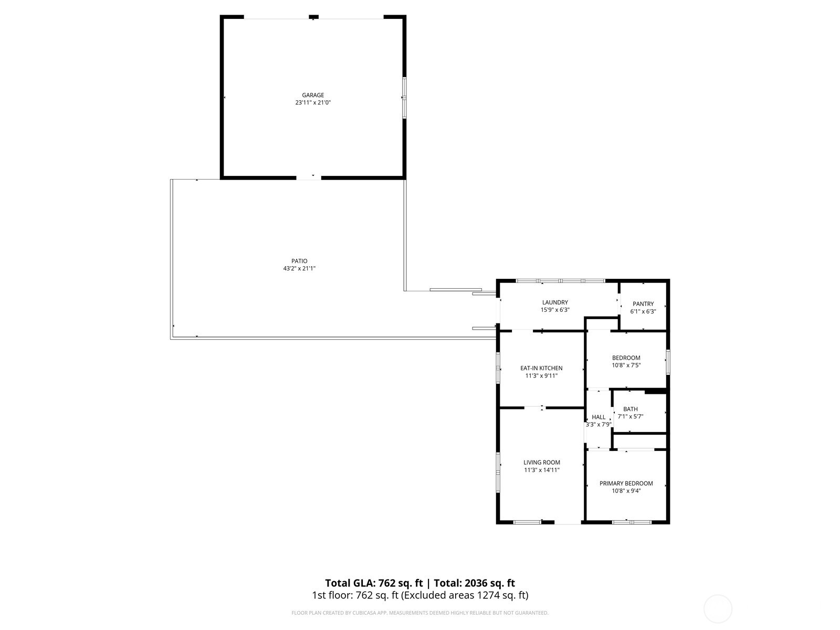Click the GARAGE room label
313,95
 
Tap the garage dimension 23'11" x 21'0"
313,103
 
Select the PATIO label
299,261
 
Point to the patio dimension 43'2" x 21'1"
299,269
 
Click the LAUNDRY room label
555,302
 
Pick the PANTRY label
643,304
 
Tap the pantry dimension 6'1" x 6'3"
643,311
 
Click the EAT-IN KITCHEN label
541,368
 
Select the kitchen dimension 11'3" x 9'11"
541,376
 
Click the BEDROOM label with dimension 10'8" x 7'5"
626,358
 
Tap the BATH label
631,409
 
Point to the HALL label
598,417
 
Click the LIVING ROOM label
542,463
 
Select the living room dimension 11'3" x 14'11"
542,470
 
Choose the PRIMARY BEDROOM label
626,484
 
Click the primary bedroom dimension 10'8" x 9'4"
626,491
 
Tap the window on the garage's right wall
404,98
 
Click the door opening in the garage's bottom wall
309,177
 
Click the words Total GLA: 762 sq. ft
374,583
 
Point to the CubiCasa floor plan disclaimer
420,613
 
